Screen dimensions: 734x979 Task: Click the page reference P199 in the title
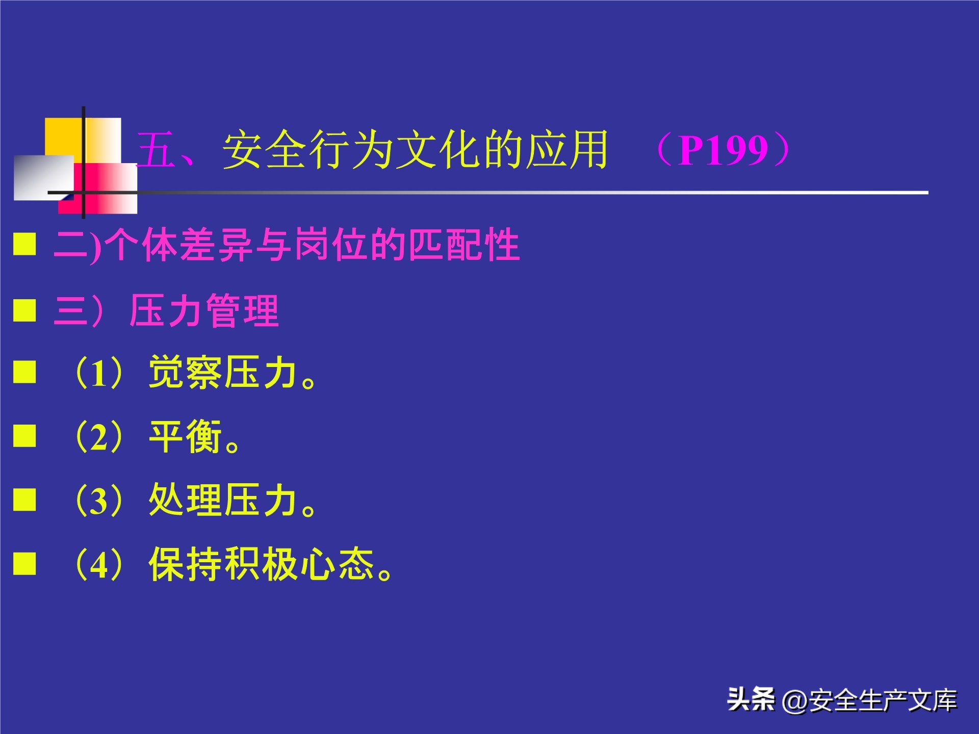pyautogui.click(x=723, y=150)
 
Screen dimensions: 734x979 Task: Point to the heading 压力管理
pyautogui.click(x=204, y=310)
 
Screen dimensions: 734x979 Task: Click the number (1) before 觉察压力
pyautogui.click(x=99, y=373)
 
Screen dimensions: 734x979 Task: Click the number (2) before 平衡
pyautogui.click(x=99, y=437)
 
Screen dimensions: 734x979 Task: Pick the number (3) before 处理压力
pyautogui.click(x=99, y=501)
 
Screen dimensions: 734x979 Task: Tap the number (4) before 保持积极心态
pyautogui.click(x=99, y=564)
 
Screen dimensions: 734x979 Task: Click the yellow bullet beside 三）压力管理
pyautogui.click(x=24, y=310)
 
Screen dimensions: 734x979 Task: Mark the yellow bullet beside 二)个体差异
pyautogui.click(x=24, y=244)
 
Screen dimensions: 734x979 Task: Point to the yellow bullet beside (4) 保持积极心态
pyautogui.click(x=24, y=563)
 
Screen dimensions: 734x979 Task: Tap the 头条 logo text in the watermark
pyautogui.click(x=751, y=699)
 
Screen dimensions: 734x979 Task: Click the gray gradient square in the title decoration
pyautogui.click(x=43, y=177)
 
